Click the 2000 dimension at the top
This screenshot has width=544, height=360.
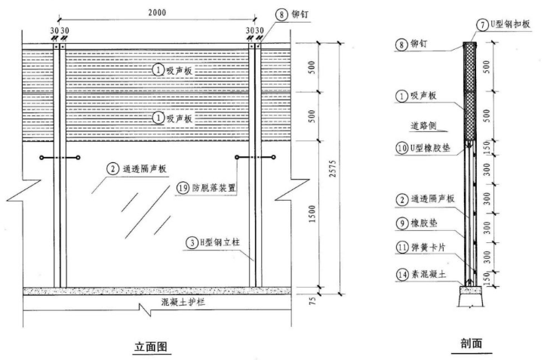[x=158, y=13]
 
